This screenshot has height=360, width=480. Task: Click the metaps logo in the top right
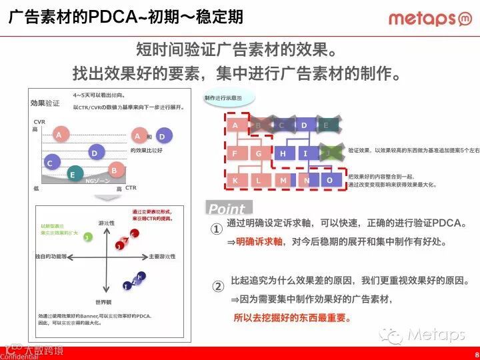(x=430, y=19)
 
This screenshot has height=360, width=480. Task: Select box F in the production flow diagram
(x=235, y=153)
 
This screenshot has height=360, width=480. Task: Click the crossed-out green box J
(x=327, y=153)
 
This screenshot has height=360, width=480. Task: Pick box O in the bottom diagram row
(x=329, y=180)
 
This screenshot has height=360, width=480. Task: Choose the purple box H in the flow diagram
(x=283, y=153)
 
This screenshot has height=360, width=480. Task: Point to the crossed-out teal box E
(x=326, y=125)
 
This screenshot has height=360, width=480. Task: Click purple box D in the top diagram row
(x=304, y=125)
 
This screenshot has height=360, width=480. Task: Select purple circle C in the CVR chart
(x=49, y=162)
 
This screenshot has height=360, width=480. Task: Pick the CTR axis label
(x=131, y=188)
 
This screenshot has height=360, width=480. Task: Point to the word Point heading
(x=227, y=209)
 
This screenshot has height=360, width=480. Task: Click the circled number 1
(x=217, y=229)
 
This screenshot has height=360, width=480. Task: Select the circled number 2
(x=217, y=287)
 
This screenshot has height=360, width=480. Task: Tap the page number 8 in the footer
(x=476, y=354)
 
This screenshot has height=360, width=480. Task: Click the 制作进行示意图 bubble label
(x=228, y=98)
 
